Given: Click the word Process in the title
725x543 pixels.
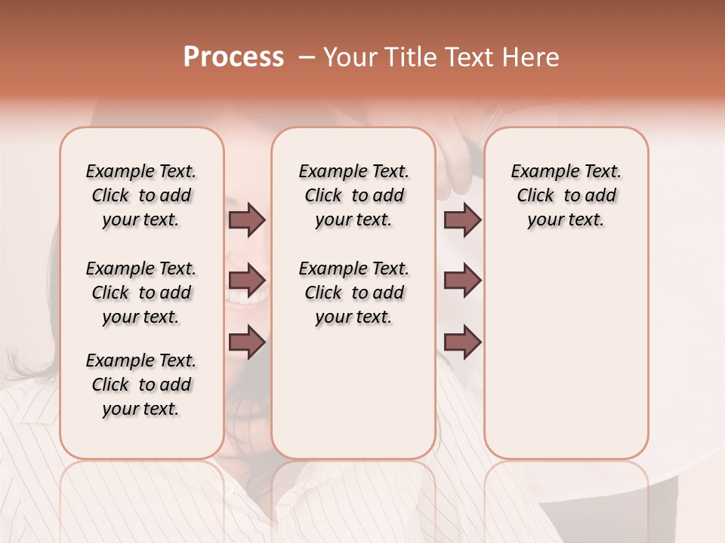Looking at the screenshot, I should point(233,57).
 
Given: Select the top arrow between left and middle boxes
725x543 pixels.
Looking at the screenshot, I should point(247,219).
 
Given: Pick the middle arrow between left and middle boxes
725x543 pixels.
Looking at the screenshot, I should point(247,281).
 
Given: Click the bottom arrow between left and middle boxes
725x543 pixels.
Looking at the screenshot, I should point(247,342).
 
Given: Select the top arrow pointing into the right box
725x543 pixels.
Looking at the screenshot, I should point(462,219).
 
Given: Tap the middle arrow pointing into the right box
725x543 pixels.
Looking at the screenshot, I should point(462,281).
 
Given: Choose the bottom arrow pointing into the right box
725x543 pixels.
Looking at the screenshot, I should point(462,342).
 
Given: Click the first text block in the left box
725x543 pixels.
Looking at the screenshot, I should point(141,195).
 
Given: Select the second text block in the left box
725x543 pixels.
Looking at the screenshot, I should point(141,293).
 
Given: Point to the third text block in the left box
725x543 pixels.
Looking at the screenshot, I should point(141,385).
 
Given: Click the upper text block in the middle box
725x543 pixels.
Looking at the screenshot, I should point(353,195).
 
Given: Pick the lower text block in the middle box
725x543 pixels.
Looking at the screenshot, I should point(353,293).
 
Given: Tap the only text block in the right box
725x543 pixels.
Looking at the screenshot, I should point(566,195).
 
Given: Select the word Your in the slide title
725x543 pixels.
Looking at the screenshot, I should point(348,57).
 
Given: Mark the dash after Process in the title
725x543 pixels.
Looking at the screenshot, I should point(307,57).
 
